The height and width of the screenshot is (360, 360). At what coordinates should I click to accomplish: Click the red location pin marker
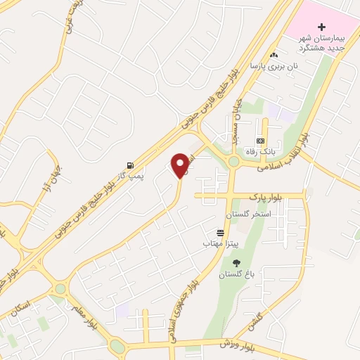click(x=181, y=165)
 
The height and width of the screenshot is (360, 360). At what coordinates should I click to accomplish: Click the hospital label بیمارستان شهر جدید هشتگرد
click(x=321, y=43)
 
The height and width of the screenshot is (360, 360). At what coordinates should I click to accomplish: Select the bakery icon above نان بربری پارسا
click(x=274, y=55)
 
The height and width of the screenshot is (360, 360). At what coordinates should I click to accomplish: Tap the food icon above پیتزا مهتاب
click(x=221, y=232)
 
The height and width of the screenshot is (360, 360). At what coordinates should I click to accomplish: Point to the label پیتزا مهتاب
click(x=221, y=243)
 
